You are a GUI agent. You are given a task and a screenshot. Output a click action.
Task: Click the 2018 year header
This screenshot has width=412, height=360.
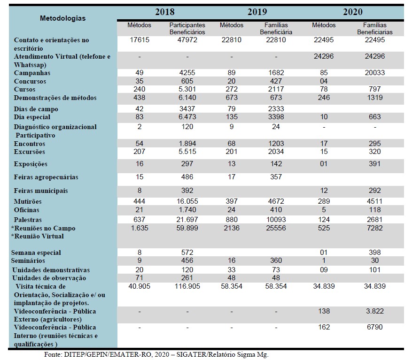(x=165, y=12)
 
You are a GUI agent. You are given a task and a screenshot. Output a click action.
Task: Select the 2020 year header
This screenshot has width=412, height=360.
(x=353, y=12)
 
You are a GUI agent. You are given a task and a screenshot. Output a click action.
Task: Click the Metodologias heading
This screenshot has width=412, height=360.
(x=63, y=18)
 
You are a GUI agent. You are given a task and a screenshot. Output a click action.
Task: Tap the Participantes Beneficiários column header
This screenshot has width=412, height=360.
(x=187, y=28)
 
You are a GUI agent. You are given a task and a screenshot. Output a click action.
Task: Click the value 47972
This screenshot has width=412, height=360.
(x=187, y=40)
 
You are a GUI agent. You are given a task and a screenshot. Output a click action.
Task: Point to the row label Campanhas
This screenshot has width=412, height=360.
(x=32, y=73)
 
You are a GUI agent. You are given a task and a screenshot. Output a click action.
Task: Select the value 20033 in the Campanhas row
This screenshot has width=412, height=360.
(x=375, y=73)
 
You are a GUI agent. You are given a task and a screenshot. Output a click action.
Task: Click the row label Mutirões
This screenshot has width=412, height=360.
(x=28, y=202)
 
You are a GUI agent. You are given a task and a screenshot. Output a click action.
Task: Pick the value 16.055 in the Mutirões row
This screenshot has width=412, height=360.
(x=187, y=201)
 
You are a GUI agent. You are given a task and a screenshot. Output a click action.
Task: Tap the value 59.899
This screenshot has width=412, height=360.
(x=187, y=228)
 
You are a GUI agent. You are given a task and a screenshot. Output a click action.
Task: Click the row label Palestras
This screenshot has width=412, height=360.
(x=28, y=220)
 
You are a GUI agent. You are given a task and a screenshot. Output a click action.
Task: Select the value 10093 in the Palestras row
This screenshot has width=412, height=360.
(x=276, y=220)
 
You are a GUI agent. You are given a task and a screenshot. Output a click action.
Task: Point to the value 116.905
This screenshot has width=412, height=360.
(x=187, y=286)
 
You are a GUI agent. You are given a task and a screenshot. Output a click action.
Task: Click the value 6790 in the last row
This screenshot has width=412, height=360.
(x=375, y=327)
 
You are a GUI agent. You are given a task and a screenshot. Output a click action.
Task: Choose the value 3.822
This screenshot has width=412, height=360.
(x=375, y=311)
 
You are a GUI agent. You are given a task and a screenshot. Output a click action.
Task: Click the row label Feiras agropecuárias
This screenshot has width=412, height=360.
(x=46, y=177)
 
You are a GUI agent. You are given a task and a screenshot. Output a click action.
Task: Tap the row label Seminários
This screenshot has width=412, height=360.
(x=28, y=261)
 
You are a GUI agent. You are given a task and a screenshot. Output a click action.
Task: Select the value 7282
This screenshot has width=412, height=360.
(x=375, y=228)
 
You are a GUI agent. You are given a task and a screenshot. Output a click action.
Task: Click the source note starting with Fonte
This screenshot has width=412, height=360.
(x=156, y=355)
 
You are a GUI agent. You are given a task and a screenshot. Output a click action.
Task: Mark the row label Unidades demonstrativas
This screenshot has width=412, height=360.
(x=51, y=270)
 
